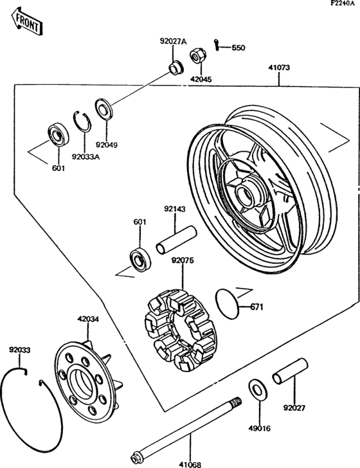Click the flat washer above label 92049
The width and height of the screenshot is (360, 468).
pos(103,107)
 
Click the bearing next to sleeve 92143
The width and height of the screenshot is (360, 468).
pos(139,258)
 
